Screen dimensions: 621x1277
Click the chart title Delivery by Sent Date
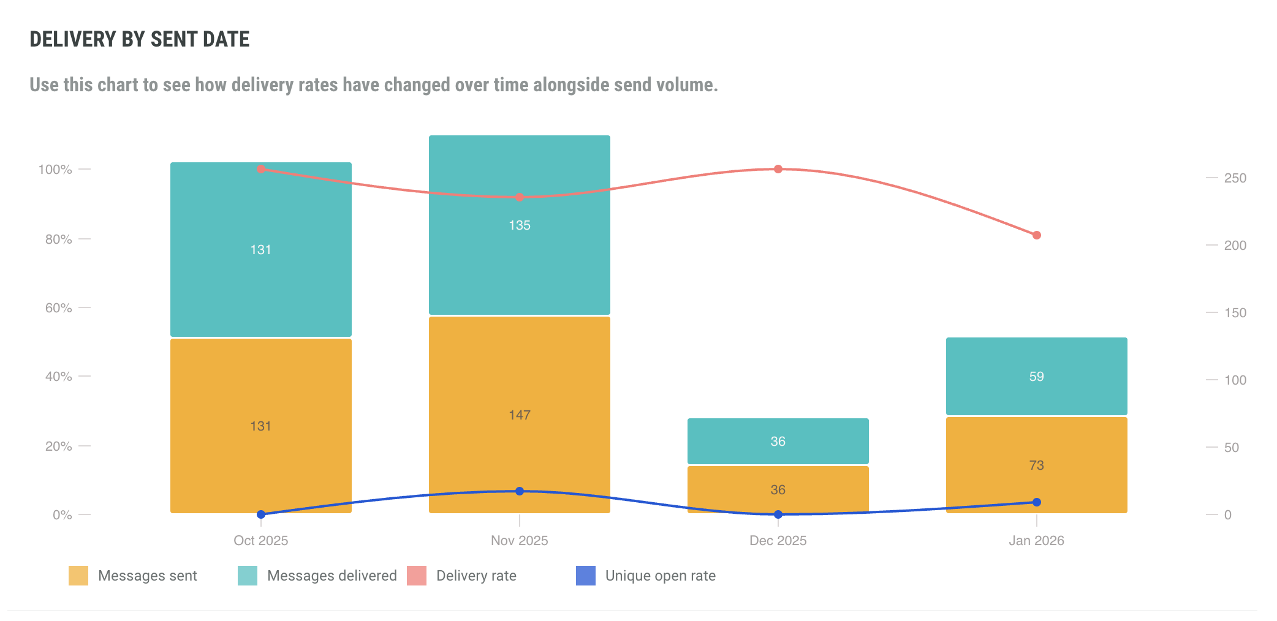pos(140,39)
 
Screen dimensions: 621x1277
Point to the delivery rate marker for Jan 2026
pos(1036,235)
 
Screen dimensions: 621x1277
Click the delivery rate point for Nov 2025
pos(519,197)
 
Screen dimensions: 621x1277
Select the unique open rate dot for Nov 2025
pos(519,491)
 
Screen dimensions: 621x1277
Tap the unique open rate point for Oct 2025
pos(260,514)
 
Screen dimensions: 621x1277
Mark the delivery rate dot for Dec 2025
pos(778,169)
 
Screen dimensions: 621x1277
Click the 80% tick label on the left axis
pos(59,239)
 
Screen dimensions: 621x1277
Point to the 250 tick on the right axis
pos(1235,178)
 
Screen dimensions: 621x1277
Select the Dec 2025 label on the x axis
pos(778,541)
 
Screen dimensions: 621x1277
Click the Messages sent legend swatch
pos(78,576)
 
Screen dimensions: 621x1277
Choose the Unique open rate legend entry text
pos(660,576)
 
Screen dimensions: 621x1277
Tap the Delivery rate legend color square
pos(417,576)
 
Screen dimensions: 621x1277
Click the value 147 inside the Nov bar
pos(519,415)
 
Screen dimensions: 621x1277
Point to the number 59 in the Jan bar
pos(1036,377)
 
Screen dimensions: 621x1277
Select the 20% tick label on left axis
pos(59,446)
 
